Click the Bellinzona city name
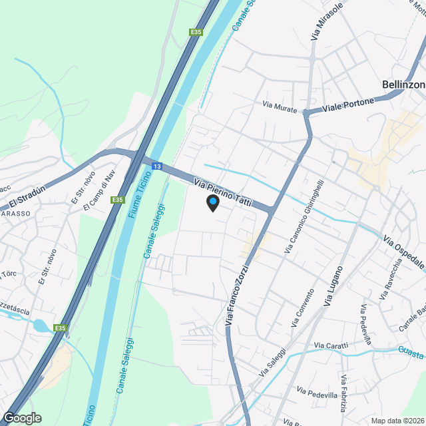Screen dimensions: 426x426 pyautogui.click(x=403, y=85)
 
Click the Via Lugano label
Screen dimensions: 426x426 pyautogui.click(x=334, y=286)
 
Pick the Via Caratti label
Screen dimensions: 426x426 pyautogui.click(x=331, y=345)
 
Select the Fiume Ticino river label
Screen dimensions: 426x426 pyautogui.click(x=135, y=199)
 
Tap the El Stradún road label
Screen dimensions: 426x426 pyautogui.click(x=27, y=196)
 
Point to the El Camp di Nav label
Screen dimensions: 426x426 pyautogui.click(x=99, y=191)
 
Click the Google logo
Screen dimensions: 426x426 pyautogui.click(x=21, y=417)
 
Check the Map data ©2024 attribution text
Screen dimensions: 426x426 pyautogui.click(x=397, y=421)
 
